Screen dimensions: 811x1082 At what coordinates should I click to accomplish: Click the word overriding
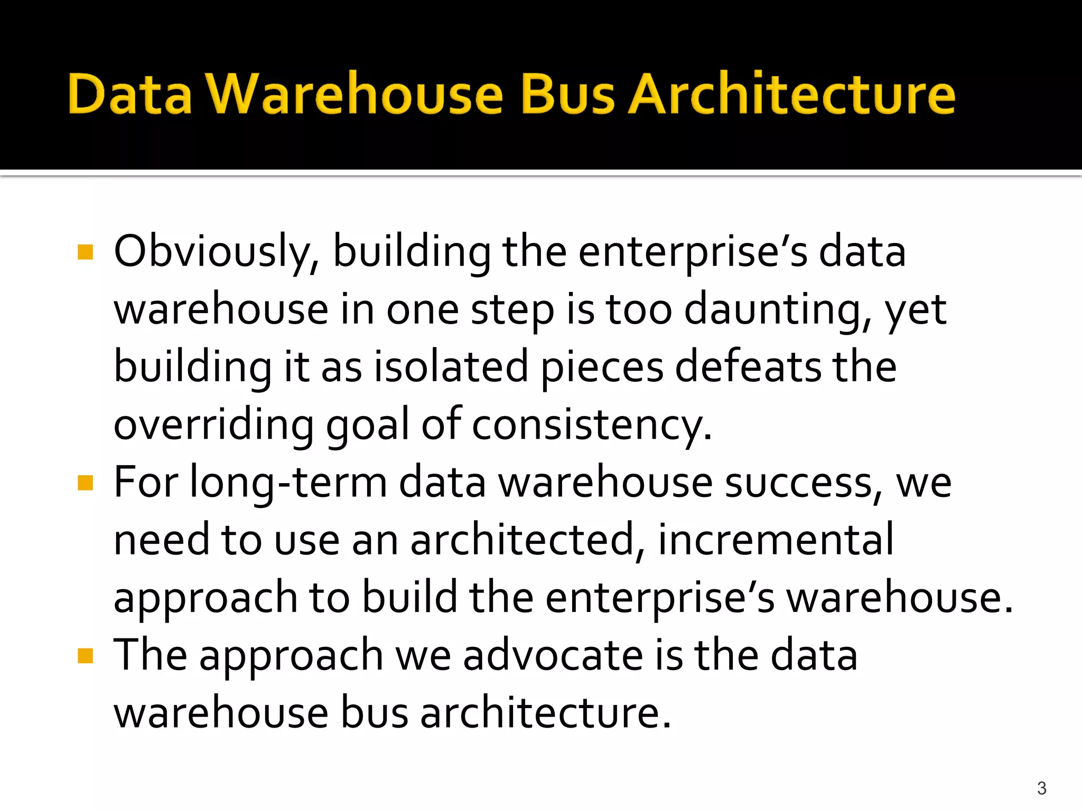pos(213,426)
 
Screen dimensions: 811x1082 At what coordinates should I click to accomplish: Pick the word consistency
pos(591,426)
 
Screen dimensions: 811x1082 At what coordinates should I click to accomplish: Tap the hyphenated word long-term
pos(288,483)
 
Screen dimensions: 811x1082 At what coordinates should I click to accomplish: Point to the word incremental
pos(776,540)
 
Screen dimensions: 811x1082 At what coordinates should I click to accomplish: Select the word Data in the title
pos(129,94)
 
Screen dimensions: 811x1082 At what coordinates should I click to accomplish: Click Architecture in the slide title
pos(791,94)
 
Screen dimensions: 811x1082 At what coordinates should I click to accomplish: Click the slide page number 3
pos(1041,788)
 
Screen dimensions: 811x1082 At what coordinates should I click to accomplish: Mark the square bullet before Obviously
pos(85,252)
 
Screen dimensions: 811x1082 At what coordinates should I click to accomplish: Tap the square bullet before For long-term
pos(85,483)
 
